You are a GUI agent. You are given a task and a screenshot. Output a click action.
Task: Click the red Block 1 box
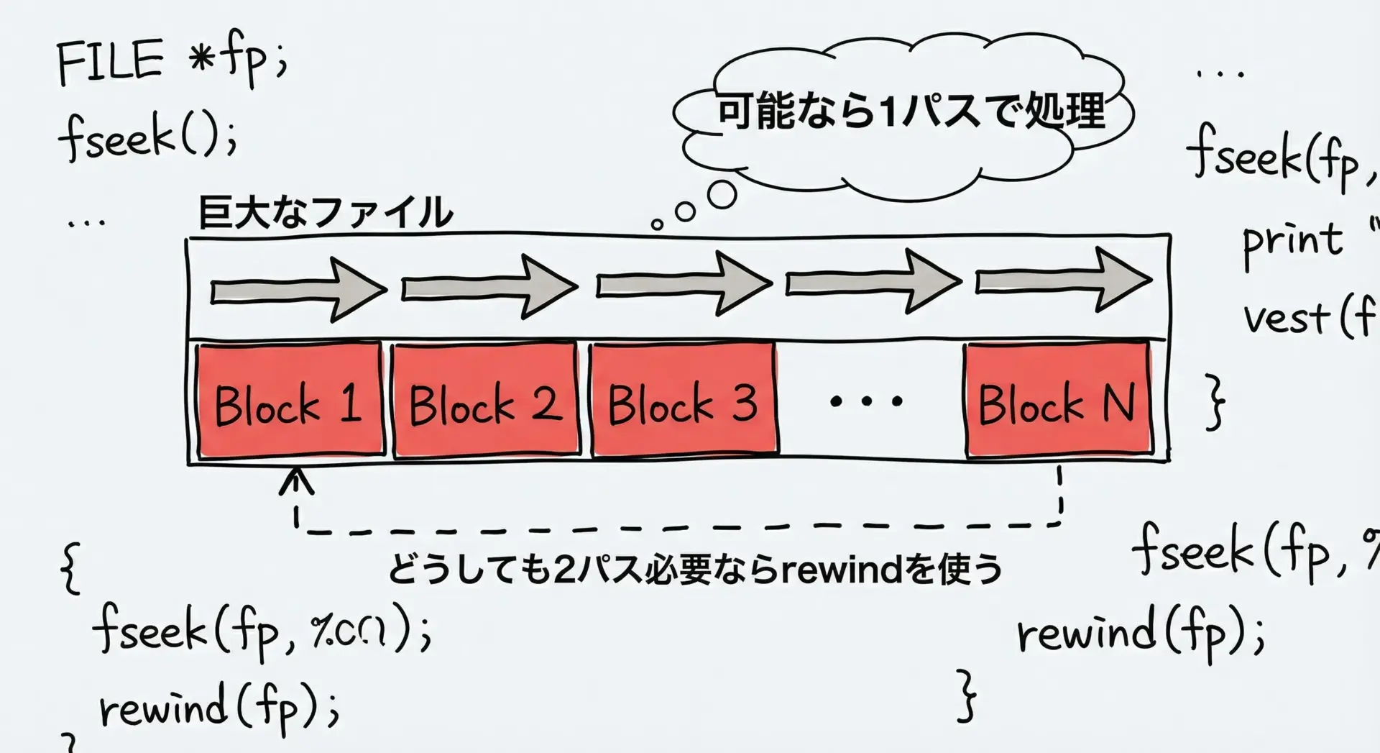290,400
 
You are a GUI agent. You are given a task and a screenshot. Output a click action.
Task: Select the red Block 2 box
486,400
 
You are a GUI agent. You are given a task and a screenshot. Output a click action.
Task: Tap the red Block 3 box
684,400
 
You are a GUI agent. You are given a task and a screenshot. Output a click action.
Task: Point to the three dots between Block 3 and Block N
866,401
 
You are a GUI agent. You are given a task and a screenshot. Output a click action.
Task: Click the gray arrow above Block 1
298,290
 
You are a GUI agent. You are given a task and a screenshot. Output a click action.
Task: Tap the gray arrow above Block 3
683,283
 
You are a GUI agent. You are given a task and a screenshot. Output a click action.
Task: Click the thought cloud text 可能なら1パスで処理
911,113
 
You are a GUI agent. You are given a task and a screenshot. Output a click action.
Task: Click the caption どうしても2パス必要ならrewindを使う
694,570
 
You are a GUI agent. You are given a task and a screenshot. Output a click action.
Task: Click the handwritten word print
1292,240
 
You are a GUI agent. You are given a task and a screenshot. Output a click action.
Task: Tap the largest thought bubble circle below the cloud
722,194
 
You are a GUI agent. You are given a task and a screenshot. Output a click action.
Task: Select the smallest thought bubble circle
656,224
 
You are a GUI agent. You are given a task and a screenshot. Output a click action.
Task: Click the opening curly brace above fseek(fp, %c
70,568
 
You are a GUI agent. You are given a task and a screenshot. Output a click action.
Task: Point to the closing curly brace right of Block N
1214,401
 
